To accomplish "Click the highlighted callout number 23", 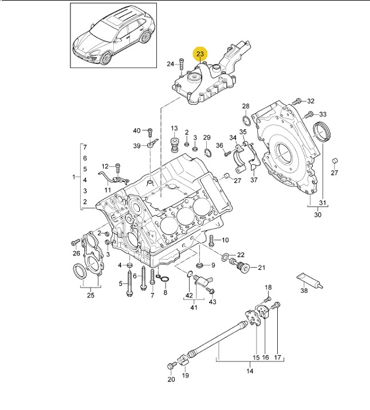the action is tap(200, 54).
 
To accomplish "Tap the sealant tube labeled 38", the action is tap(310, 281).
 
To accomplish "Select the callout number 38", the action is tap(304, 290).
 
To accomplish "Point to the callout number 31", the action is tap(322, 202).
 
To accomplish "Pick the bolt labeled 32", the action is tap(298, 101).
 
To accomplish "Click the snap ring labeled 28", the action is tap(246, 120).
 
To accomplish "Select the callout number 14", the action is tap(250, 371).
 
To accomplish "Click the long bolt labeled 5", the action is tap(129, 283).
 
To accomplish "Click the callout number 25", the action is tap(90, 295).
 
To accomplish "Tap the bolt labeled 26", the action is tap(75, 242).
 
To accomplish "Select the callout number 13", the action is tap(174, 128).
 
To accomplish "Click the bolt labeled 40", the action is tap(150, 132).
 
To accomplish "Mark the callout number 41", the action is tap(194, 307).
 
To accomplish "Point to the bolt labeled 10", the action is tap(211, 241).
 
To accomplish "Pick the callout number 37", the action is tap(254, 180).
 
